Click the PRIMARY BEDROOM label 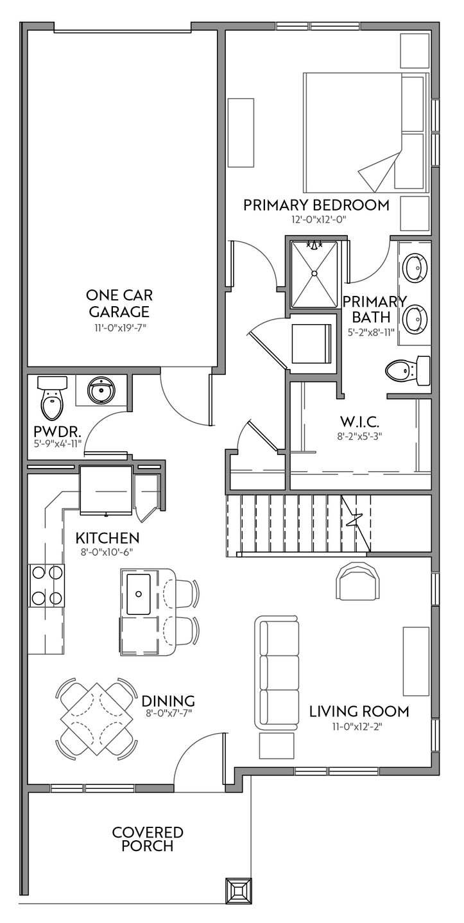click(x=316, y=205)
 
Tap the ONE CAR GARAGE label click(x=119, y=303)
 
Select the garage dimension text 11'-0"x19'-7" click(x=119, y=328)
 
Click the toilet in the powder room click(x=52, y=396)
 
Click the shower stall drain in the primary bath click(x=314, y=272)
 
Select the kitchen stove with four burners click(x=46, y=585)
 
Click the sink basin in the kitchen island click(x=139, y=594)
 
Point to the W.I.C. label click(x=359, y=421)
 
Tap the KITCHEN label click(x=107, y=538)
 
